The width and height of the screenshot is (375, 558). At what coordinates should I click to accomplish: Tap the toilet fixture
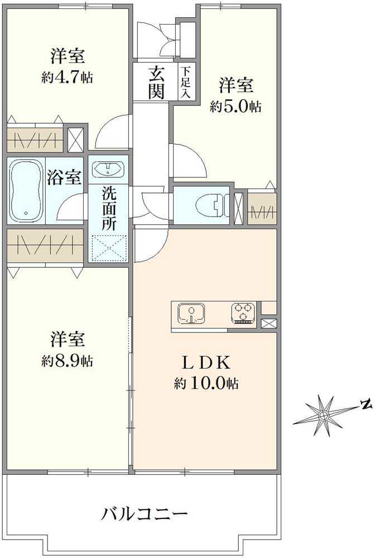[210, 204]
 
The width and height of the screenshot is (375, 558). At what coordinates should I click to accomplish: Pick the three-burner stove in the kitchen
[243, 312]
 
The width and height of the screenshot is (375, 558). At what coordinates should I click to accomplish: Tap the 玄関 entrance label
[156, 82]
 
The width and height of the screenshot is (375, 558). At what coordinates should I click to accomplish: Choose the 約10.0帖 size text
[206, 384]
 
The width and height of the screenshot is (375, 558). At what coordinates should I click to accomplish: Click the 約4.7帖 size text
[67, 78]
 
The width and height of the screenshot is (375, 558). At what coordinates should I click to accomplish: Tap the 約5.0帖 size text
[235, 107]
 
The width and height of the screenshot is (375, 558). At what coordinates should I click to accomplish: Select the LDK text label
[207, 363]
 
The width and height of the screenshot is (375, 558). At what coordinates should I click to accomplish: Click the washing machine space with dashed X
[109, 248]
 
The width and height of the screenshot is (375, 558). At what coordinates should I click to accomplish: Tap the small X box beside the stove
[268, 323]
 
